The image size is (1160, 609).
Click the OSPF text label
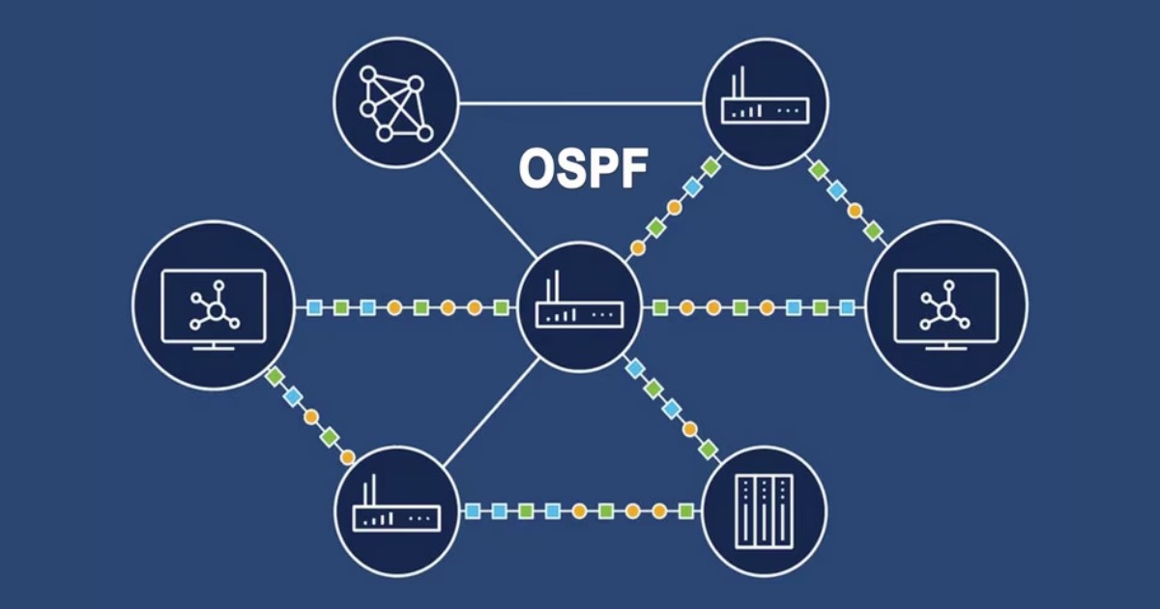click(x=583, y=169)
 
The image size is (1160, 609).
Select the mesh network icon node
click(x=394, y=101)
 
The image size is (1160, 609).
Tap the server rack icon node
click(x=765, y=510)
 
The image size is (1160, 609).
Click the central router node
click(x=579, y=304)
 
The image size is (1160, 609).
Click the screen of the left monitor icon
click(x=214, y=304)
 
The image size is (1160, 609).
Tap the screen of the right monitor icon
click(x=946, y=304)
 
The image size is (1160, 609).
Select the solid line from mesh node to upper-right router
click(x=580, y=102)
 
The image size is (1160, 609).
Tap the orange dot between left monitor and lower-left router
click(x=311, y=417)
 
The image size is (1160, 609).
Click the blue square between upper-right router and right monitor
click(x=836, y=189)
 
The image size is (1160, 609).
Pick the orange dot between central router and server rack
click(x=689, y=429)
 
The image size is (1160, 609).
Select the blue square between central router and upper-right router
click(x=692, y=187)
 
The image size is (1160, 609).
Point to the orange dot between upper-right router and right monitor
click(x=855, y=210)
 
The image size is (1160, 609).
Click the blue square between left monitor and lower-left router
click(x=293, y=396)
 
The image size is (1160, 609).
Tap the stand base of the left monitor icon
click(x=214, y=348)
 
